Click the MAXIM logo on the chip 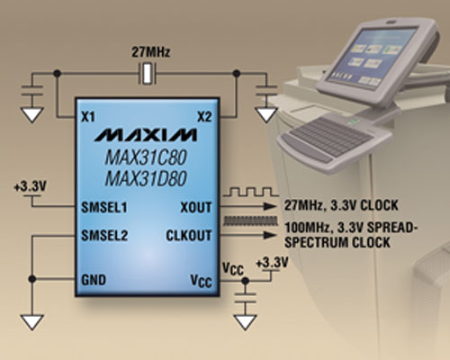point(144,136)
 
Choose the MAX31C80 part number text point(144,156)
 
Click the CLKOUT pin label point(192,236)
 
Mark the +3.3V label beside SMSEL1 point(30,187)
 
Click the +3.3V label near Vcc point(272,263)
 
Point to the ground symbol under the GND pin point(34,320)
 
